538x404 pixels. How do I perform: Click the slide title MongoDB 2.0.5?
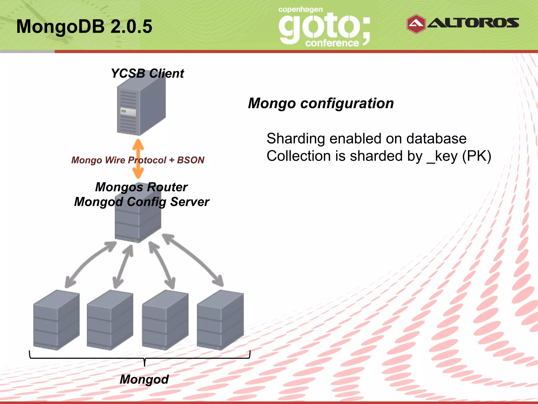point(84,26)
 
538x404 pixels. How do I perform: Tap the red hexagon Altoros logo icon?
point(416,24)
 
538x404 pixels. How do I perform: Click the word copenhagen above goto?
point(301,10)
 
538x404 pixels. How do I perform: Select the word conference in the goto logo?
point(332,43)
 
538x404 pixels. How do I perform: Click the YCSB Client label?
point(147,73)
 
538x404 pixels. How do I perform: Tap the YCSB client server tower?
point(141,107)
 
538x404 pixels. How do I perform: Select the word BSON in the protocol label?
point(191,160)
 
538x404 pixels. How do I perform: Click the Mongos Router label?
point(141,187)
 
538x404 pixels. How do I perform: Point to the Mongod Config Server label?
point(142,202)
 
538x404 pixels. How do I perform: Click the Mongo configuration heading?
point(321,103)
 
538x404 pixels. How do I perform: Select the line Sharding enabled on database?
point(366,139)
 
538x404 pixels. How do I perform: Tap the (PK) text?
point(477,156)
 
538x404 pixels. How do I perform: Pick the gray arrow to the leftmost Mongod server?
point(88,263)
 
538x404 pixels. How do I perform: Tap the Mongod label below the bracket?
point(144,379)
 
